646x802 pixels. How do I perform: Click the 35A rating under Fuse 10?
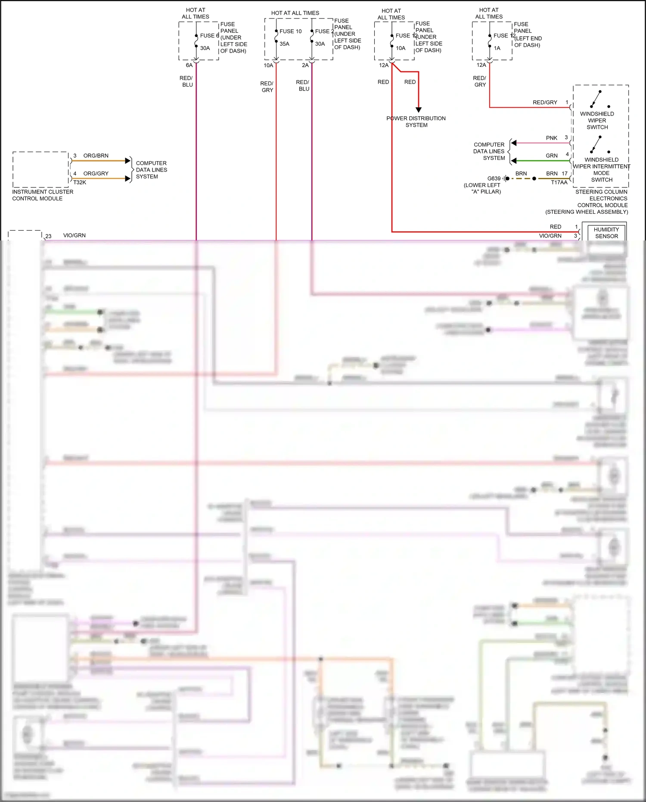(x=284, y=44)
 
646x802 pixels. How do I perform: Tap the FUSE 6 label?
(x=209, y=36)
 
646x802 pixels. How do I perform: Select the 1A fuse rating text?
(x=497, y=48)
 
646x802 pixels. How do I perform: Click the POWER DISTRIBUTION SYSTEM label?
(x=416, y=122)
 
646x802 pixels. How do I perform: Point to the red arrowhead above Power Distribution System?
(x=419, y=110)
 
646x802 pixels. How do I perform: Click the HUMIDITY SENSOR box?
(x=606, y=233)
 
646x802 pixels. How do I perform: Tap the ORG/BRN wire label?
(x=96, y=156)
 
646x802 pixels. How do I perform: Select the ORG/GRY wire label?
(x=96, y=174)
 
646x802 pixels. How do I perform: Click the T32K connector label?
(x=80, y=182)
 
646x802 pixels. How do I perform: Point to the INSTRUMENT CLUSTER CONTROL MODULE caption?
(x=42, y=195)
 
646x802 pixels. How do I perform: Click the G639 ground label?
(x=494, y=178)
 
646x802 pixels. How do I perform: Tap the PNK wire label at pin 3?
(x=552, y=138)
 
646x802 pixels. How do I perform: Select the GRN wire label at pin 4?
(x=552, y=156)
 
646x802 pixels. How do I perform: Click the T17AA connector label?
(x=559, y=182)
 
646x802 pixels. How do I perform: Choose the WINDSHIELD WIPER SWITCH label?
(x=597, y=121)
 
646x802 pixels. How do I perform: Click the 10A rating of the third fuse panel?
(x=401, y=48)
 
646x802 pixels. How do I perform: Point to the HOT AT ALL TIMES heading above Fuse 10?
(x=295, y=13)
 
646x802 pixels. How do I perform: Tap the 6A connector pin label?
(x=189, y=66)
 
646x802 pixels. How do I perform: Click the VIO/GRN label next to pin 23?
(x=75, y=235)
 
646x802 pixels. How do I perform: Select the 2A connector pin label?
(x=305, y=66)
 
